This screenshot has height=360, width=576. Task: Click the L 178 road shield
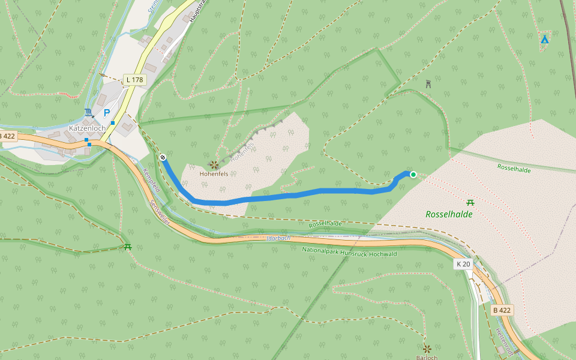tap(135, 80)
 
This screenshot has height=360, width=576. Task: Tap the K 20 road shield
tap(463, 264)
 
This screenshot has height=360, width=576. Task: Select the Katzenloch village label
tap(87, 128)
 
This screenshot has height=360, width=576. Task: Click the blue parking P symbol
tap(107, 113)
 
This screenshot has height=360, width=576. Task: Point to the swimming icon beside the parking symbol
tap(89, 112)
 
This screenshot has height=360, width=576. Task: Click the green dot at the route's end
tap(413, 175)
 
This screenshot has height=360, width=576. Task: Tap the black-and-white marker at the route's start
tap(163, 157)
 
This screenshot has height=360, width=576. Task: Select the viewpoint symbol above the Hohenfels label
tap(214, 164)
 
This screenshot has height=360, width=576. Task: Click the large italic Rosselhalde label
tap(449, 214)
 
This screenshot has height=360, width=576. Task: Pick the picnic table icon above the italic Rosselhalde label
tap(470, 202)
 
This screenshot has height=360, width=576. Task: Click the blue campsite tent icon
tap(544, 40)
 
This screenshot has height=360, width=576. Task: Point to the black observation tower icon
tap(428, 84)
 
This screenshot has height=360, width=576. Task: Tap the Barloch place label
tap(427, 358)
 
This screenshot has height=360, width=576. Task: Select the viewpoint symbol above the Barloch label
tap(427, 348)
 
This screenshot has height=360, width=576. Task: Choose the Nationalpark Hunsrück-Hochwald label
tap(343, 251)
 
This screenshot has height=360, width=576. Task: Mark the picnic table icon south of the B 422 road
tap(127, 247)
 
